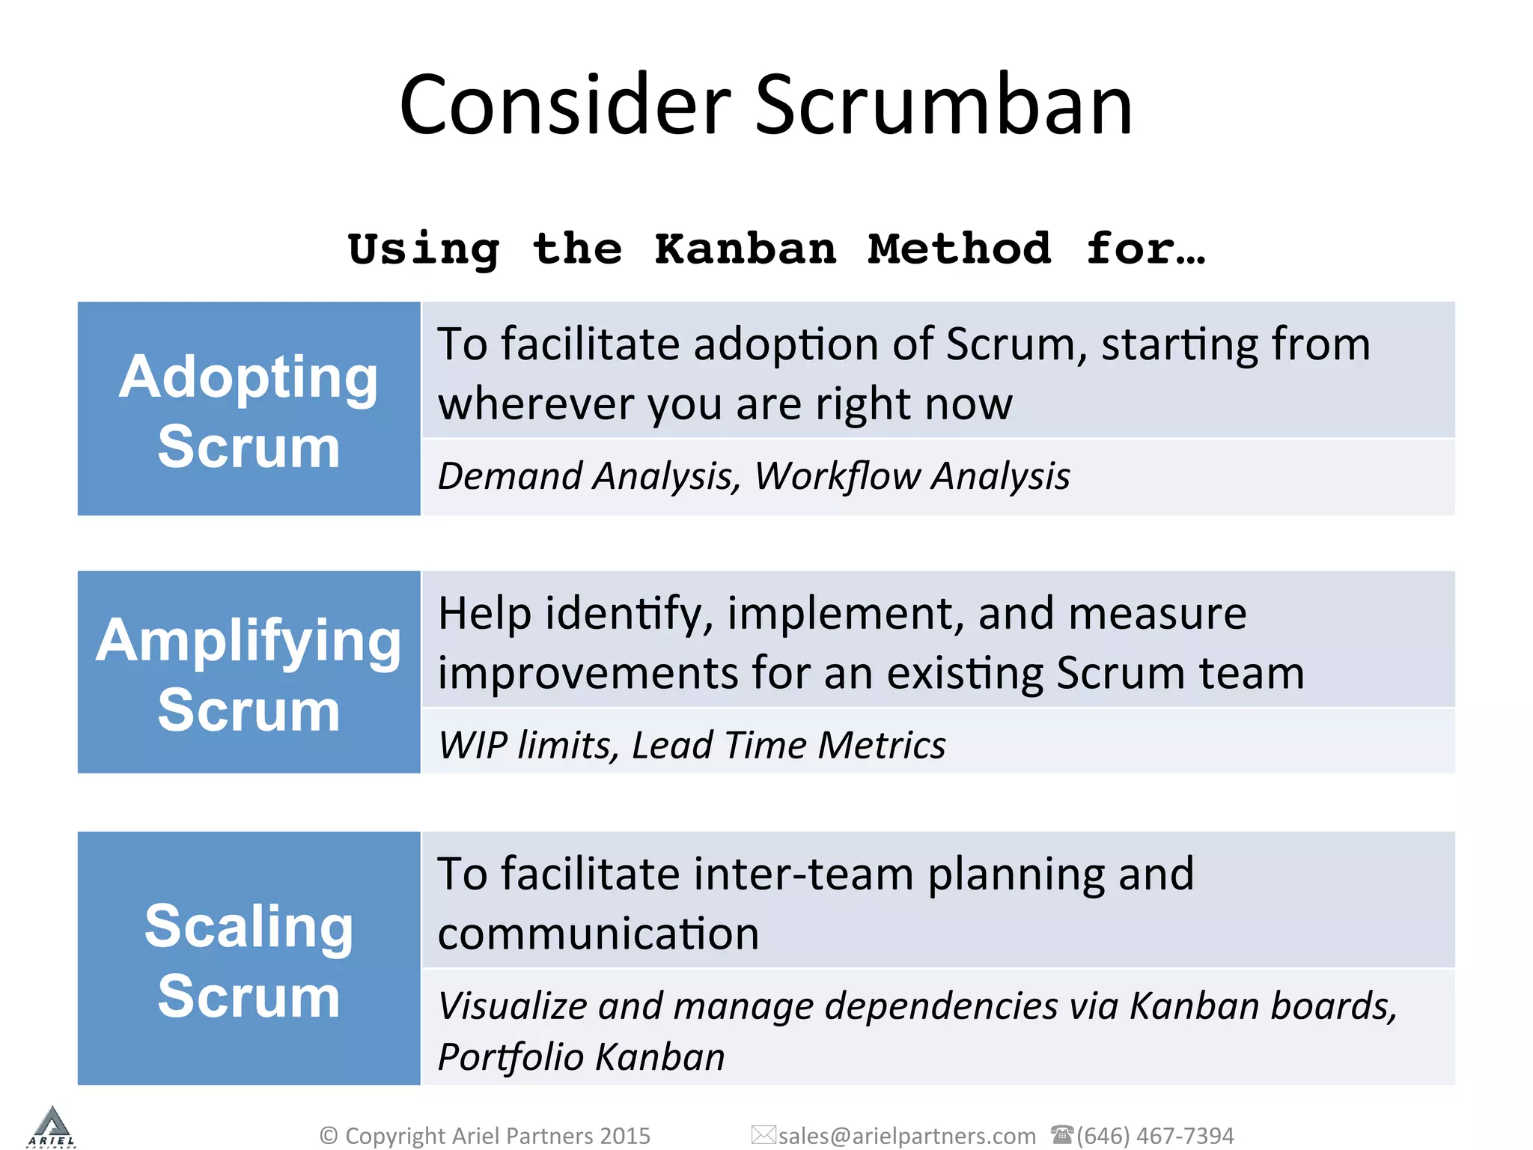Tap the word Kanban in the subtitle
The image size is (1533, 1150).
click(746, 249)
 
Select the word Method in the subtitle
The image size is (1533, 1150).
click(960, 249)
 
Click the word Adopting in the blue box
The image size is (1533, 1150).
click(249, 377)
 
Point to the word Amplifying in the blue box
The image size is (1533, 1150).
click(249, 641)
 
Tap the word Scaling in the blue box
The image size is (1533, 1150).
click(249, 926)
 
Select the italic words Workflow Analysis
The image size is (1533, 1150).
click(912, 476)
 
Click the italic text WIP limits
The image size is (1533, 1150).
click(528, 746)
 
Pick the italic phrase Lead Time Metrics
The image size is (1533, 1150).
click(788, 746)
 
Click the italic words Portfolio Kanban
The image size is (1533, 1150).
click(581, 1057)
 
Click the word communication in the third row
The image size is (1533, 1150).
click(598, 934)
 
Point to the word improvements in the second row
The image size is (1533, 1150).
click(588, 673)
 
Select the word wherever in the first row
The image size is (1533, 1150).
click(535, 404)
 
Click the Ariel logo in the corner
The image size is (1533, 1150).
click(51, 1127)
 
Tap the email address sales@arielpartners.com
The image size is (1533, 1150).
click(906, 1136)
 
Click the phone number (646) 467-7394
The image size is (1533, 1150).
click(1155, 1136)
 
